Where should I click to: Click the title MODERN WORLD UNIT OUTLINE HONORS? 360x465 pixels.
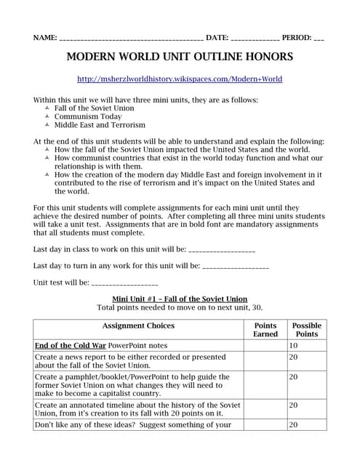click(x=180, y=57)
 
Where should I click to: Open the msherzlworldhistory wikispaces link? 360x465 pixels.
click(x=180, y=78)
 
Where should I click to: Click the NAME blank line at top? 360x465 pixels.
click(x=131, y=37)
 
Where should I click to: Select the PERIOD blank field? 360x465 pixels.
click(x=319, y=37)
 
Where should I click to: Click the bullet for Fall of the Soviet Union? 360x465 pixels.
click(x=47, y=108)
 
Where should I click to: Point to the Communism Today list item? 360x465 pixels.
click(x=88, y=116)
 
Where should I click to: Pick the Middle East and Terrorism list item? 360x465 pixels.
click(x=100, y=125)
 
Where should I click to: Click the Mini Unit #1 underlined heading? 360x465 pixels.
click(x=180, y=299)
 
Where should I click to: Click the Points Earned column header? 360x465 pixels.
click(x=265, y=330)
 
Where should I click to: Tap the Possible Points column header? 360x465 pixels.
click(x=306, y=330)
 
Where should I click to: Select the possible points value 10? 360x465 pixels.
click(x=294, y=346)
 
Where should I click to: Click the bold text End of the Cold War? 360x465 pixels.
click(x=71, y=346)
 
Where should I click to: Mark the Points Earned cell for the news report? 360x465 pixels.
click(x=265, y=361)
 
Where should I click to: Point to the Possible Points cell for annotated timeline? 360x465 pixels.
click(x=306, y=409)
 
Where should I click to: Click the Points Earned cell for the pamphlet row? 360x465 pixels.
click(x=265, y=385)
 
